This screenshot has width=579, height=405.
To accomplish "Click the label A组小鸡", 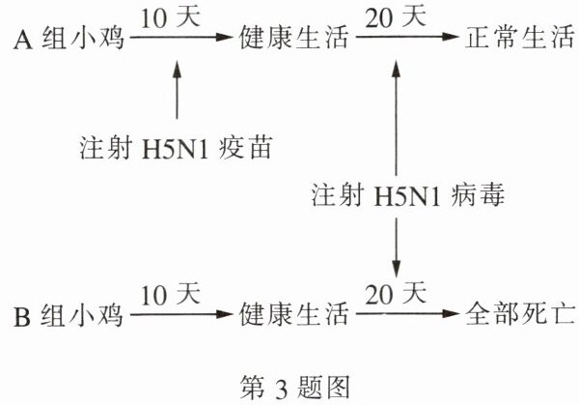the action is pyautogui.click(x=67, y=41).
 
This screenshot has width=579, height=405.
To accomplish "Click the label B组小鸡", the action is pyautogui.click(x=67, y=316).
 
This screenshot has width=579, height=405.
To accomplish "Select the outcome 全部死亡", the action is pyautogui.click(x=517, y=316).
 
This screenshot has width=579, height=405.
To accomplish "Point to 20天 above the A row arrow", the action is pyautogui.click(x=397, y=17).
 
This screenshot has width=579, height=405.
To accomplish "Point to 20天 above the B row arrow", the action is pyautogui.click(x=397, y=293).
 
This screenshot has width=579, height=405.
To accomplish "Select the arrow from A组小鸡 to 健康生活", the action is pyautogui.click(x=182, y=41).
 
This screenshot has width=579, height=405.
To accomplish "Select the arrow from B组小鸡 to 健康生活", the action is pyautogui.click(x=182, y=316).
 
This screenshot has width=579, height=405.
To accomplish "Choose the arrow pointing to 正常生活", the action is pyautogui.click(x=406, y=41).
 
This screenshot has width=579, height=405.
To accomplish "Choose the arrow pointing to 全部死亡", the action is pyautogui.click(x=406, y=316).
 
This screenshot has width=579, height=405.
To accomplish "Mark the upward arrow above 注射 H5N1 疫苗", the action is pyautogui.click(x=176, y=92).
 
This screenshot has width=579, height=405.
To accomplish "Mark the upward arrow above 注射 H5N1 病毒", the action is pyautogui.click(x=396, y=116).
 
